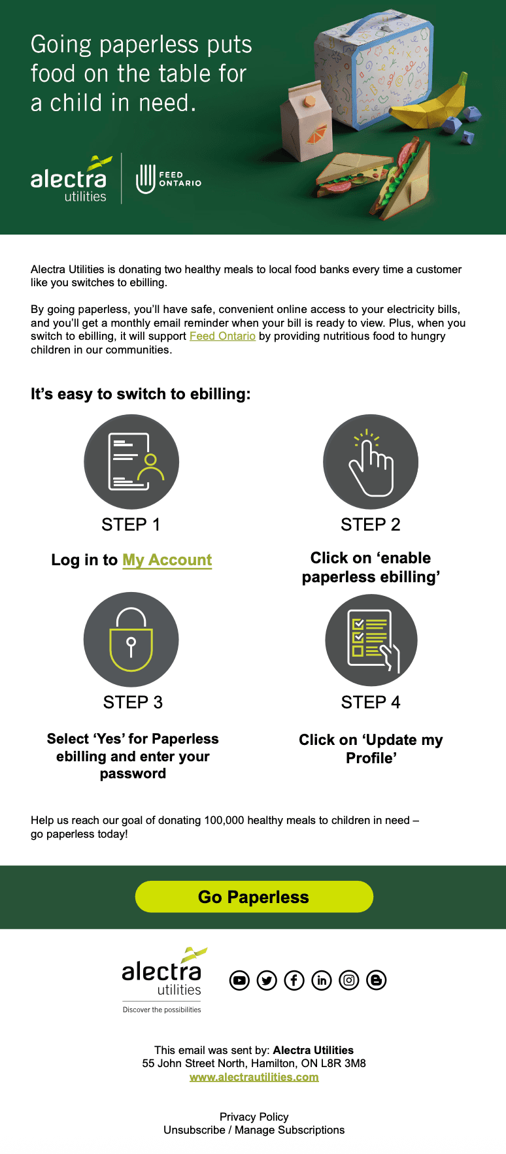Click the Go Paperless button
(x=254, y=897)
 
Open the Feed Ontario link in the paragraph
(x=222, y=336)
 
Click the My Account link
(x=167, y=560)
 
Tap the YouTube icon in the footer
(x=239, y=980)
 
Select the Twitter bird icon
(x=267, y=980)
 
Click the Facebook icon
(x=294, y=980)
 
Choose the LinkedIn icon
(x=322, y=980)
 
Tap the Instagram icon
(x=349, y=980)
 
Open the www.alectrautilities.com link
(x=254, y=1077)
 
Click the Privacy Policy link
(x=254, y=1117)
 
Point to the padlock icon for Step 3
(x=131, y=640)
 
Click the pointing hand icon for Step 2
(x=371, y=462)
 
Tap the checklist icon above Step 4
(x=371, y=640)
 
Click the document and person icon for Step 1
(x=131, y=462)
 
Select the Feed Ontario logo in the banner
(x=168, y=179)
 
